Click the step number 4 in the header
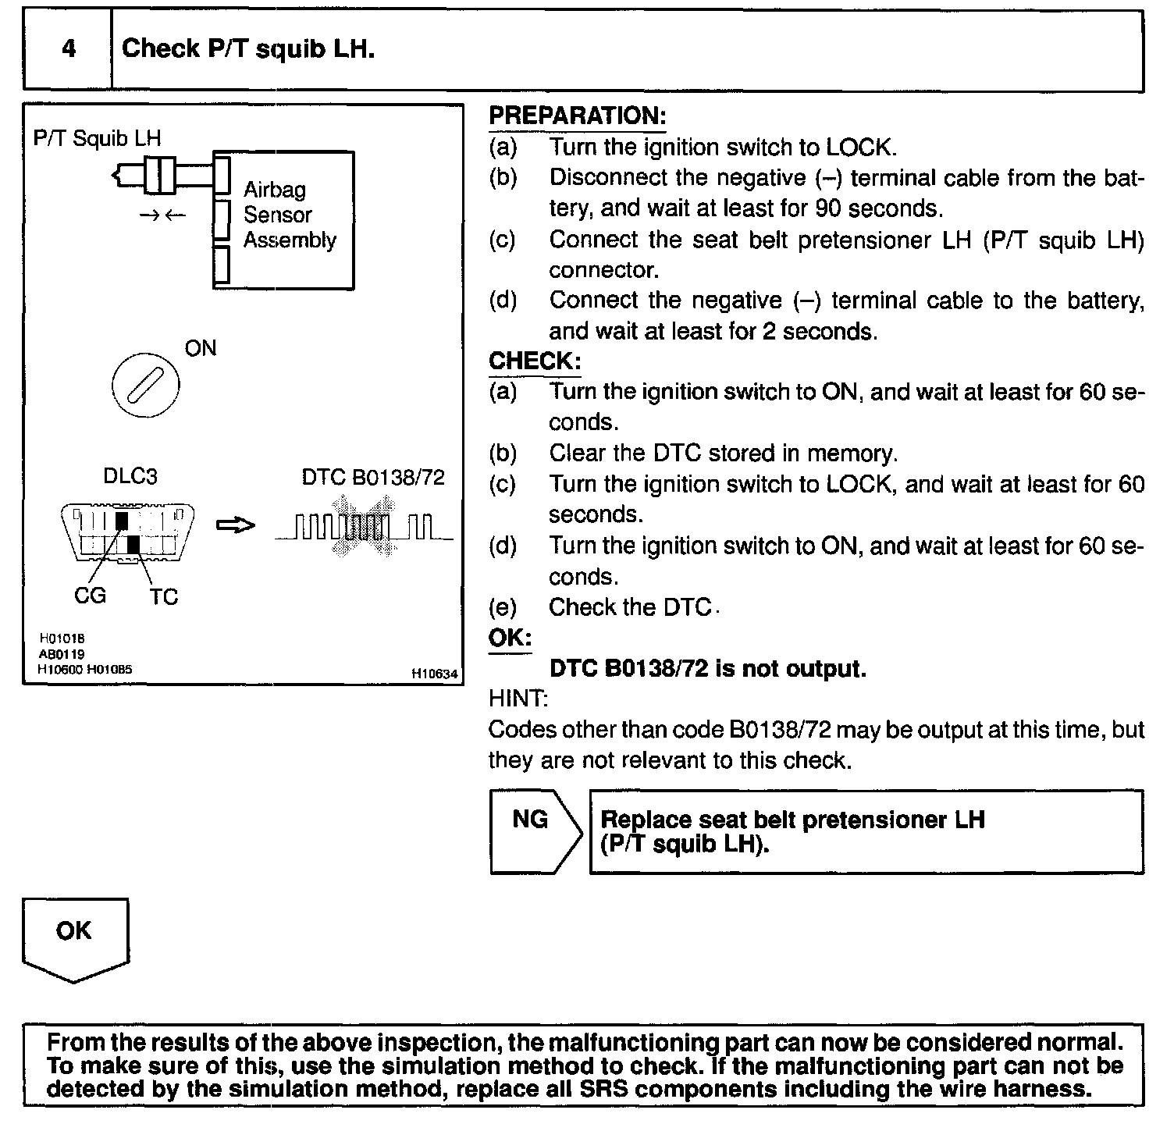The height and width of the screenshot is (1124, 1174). pos(69,49)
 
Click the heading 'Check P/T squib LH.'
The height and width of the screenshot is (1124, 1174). pos(248,49)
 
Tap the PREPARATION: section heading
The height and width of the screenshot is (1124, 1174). pos(577,116)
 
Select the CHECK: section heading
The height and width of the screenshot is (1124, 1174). pos(535,361)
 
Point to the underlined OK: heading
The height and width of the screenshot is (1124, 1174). pos(509,638)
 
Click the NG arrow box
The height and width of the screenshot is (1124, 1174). pos(531,831)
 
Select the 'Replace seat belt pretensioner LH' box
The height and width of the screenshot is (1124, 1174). pos(866,832)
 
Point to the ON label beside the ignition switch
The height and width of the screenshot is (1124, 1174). pos(201,348)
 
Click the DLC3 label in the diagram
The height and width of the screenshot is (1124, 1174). pos(130,476)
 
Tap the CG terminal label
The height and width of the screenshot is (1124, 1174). pos(90,596)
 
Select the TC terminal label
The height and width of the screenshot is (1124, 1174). pos(164,597)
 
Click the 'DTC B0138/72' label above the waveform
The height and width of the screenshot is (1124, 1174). pos(373,477)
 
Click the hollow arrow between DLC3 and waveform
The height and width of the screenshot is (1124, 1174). pos(235,527)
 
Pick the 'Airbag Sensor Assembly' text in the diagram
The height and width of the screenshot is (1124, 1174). pos(289,215)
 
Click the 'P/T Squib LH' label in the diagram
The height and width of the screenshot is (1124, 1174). pos(97,138)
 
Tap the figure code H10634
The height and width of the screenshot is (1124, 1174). pos(435,674)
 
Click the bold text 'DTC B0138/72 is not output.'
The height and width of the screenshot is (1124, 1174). pos(708,669)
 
